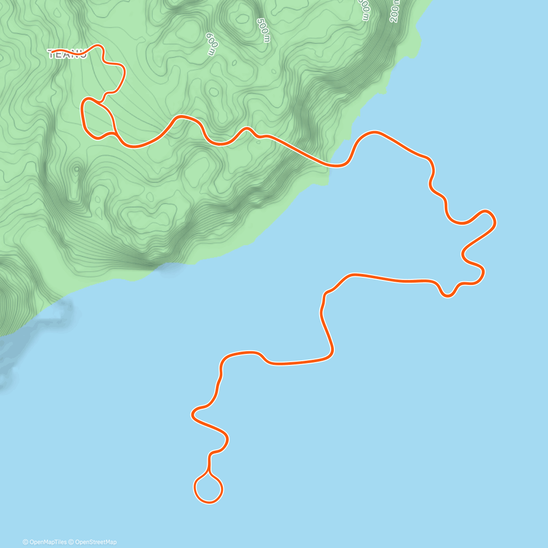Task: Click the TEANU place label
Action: pyautogui.click(x=67, y=54)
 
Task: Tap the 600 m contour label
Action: pyautogui.click(x=211, y=44)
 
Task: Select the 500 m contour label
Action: pyautogui.click(x=263, y=30)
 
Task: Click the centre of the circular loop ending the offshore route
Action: pyautogui.click(x=209, y=489)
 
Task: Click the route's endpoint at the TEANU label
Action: pyautogui.click(x=52, y=51)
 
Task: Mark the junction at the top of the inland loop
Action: pyautogui.click(x=100, y=101)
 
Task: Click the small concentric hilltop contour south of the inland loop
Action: pyautogui.click(x=76, y=169)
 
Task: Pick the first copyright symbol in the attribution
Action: pyautogui.click(x=26, y=542)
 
